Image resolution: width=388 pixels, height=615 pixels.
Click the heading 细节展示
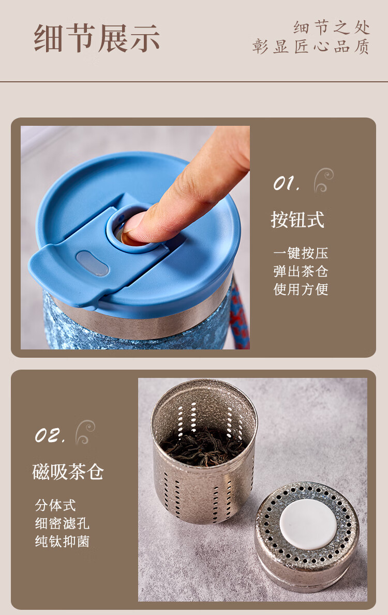(97, 38)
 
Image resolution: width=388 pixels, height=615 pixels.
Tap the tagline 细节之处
(332, 27)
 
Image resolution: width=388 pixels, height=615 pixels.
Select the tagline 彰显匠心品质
(311, 46)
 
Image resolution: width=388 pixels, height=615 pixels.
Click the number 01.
(287, 183)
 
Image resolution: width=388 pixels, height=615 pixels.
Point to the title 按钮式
(298, 219)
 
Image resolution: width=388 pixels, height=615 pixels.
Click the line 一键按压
(301, 253)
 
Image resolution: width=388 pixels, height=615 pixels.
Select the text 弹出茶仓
(301, 271)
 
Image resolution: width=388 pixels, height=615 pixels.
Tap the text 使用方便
(301, 289)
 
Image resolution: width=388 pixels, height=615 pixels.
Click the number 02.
(50, 435)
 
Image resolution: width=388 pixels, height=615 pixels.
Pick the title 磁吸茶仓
(68, 472)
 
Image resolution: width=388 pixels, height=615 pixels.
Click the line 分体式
(55, 505)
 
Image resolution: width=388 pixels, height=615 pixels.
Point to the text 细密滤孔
(62, 523)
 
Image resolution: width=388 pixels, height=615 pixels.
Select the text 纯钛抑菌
(62, 541)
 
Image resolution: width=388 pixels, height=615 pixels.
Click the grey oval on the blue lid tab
(93, 263)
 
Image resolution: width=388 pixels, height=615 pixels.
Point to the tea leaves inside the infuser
(204, 446)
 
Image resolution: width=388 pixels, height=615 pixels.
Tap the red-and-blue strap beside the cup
(240, 314)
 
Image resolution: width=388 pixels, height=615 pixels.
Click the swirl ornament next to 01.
(323, 180)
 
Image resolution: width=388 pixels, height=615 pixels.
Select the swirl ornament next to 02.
(85, 432)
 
